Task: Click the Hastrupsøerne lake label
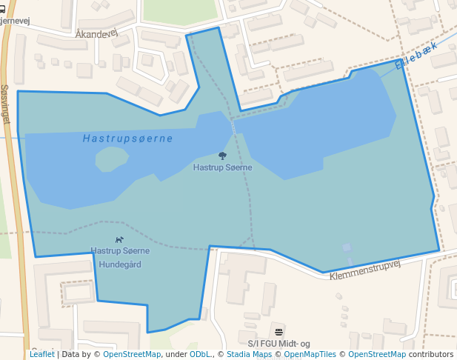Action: (x=127, y=139)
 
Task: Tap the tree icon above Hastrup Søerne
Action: (x=222, y=156)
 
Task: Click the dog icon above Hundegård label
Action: (x=119, y=239)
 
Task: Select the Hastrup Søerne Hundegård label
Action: (x=120, y=257)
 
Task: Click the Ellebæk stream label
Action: (x=416, y=56)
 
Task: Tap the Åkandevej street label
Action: (x=96, y=34)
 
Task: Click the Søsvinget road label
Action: (x=6, y=104)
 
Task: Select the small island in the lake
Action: (x=111, y=159)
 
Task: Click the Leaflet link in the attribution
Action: (x=41, y=354)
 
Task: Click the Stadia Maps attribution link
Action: (x=249, y=354)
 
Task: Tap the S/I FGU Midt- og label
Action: (x=278, y=344)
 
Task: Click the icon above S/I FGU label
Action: (x=278, y=331)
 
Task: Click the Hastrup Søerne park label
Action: (x=222, y=167)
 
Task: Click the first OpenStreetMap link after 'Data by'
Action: (x=132, y=354)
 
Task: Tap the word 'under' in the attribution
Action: (x=176, y=354)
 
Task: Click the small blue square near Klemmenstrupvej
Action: (x=347, y=247)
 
